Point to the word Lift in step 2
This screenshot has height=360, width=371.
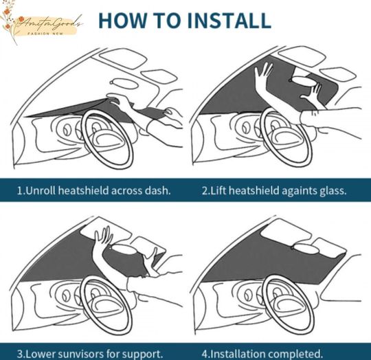[x=221, y=190]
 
